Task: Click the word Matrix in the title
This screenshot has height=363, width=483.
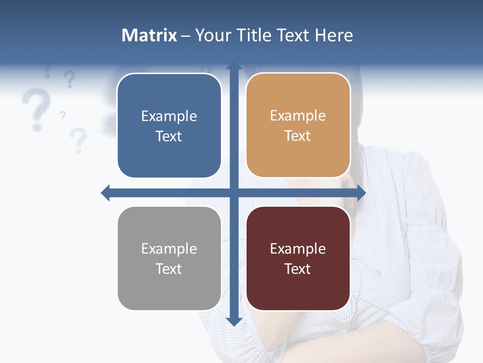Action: click(x=149, y=35)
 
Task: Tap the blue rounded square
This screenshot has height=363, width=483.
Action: click(x=169, y=126)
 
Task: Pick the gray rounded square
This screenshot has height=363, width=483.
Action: click(x=169, y=258)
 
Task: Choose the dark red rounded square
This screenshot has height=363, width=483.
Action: click(x=298, y=258)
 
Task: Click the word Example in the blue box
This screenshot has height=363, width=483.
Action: click(x=169, y=116)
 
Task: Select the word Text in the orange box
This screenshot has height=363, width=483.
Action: click(x=298, y=136)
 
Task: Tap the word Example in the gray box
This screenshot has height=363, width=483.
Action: click(x=169, y=249)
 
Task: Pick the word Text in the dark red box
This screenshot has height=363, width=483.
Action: click(x=298, y=269)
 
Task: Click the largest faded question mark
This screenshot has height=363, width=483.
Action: click(x=34, y=108)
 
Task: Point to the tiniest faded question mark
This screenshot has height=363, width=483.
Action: click(x=62, y=116)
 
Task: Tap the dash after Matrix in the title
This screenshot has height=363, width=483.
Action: click(x=186, y=36)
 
